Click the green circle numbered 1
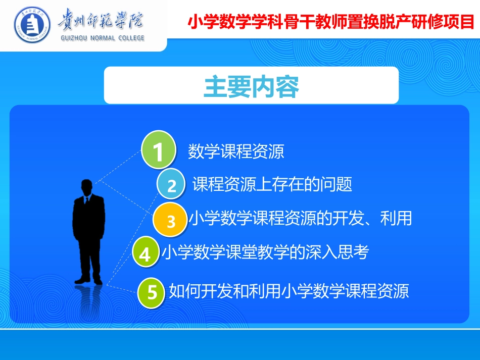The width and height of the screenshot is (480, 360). [x=158, y=150]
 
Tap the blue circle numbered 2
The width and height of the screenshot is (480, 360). [x=172, y=185]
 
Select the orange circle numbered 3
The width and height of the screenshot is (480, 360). [x=171, y=220]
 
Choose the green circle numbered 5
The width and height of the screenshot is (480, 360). [x=152, y=292]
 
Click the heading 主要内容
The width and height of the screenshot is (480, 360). [x=251, y=86]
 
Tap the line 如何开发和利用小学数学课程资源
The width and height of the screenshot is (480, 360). [x=289, y=291]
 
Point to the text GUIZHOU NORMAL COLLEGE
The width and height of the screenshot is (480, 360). [x=102, y=38]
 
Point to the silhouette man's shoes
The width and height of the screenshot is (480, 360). [x=88, y=280]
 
